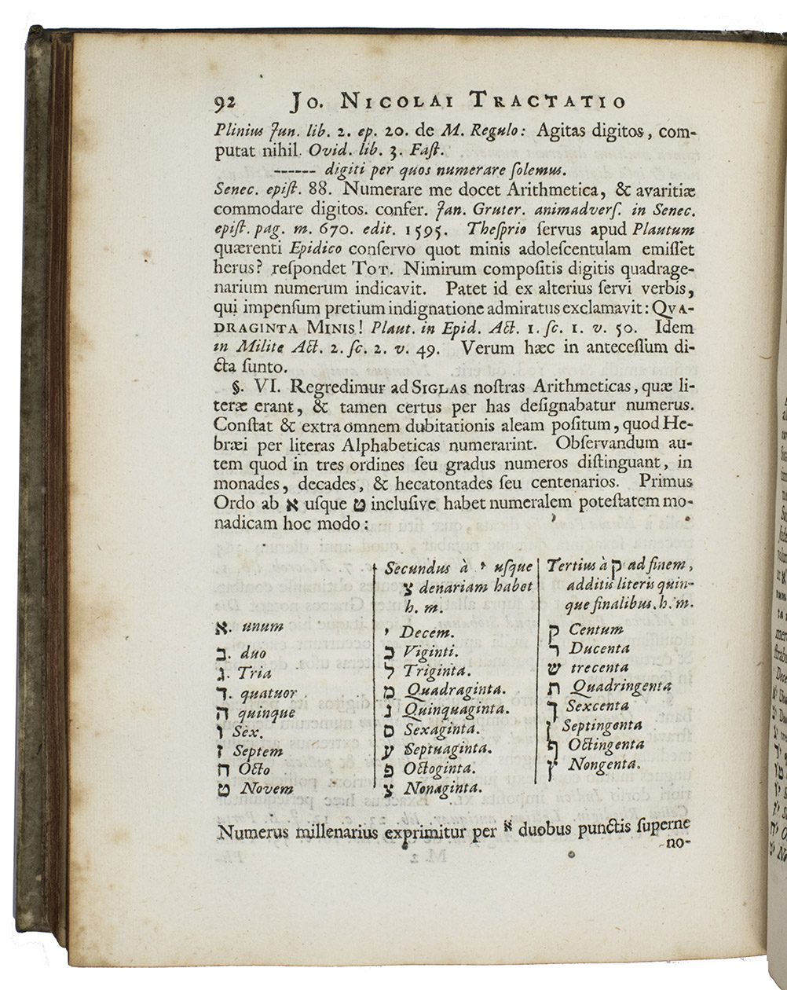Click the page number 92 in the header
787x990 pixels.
pos(225,102)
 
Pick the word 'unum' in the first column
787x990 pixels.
pos(262,626)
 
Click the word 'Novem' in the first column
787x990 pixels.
pos(267,789)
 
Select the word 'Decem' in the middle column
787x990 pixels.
pos(429,632)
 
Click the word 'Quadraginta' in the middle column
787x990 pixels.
pos(453,690)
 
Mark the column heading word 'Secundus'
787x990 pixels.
pos(417,568)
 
